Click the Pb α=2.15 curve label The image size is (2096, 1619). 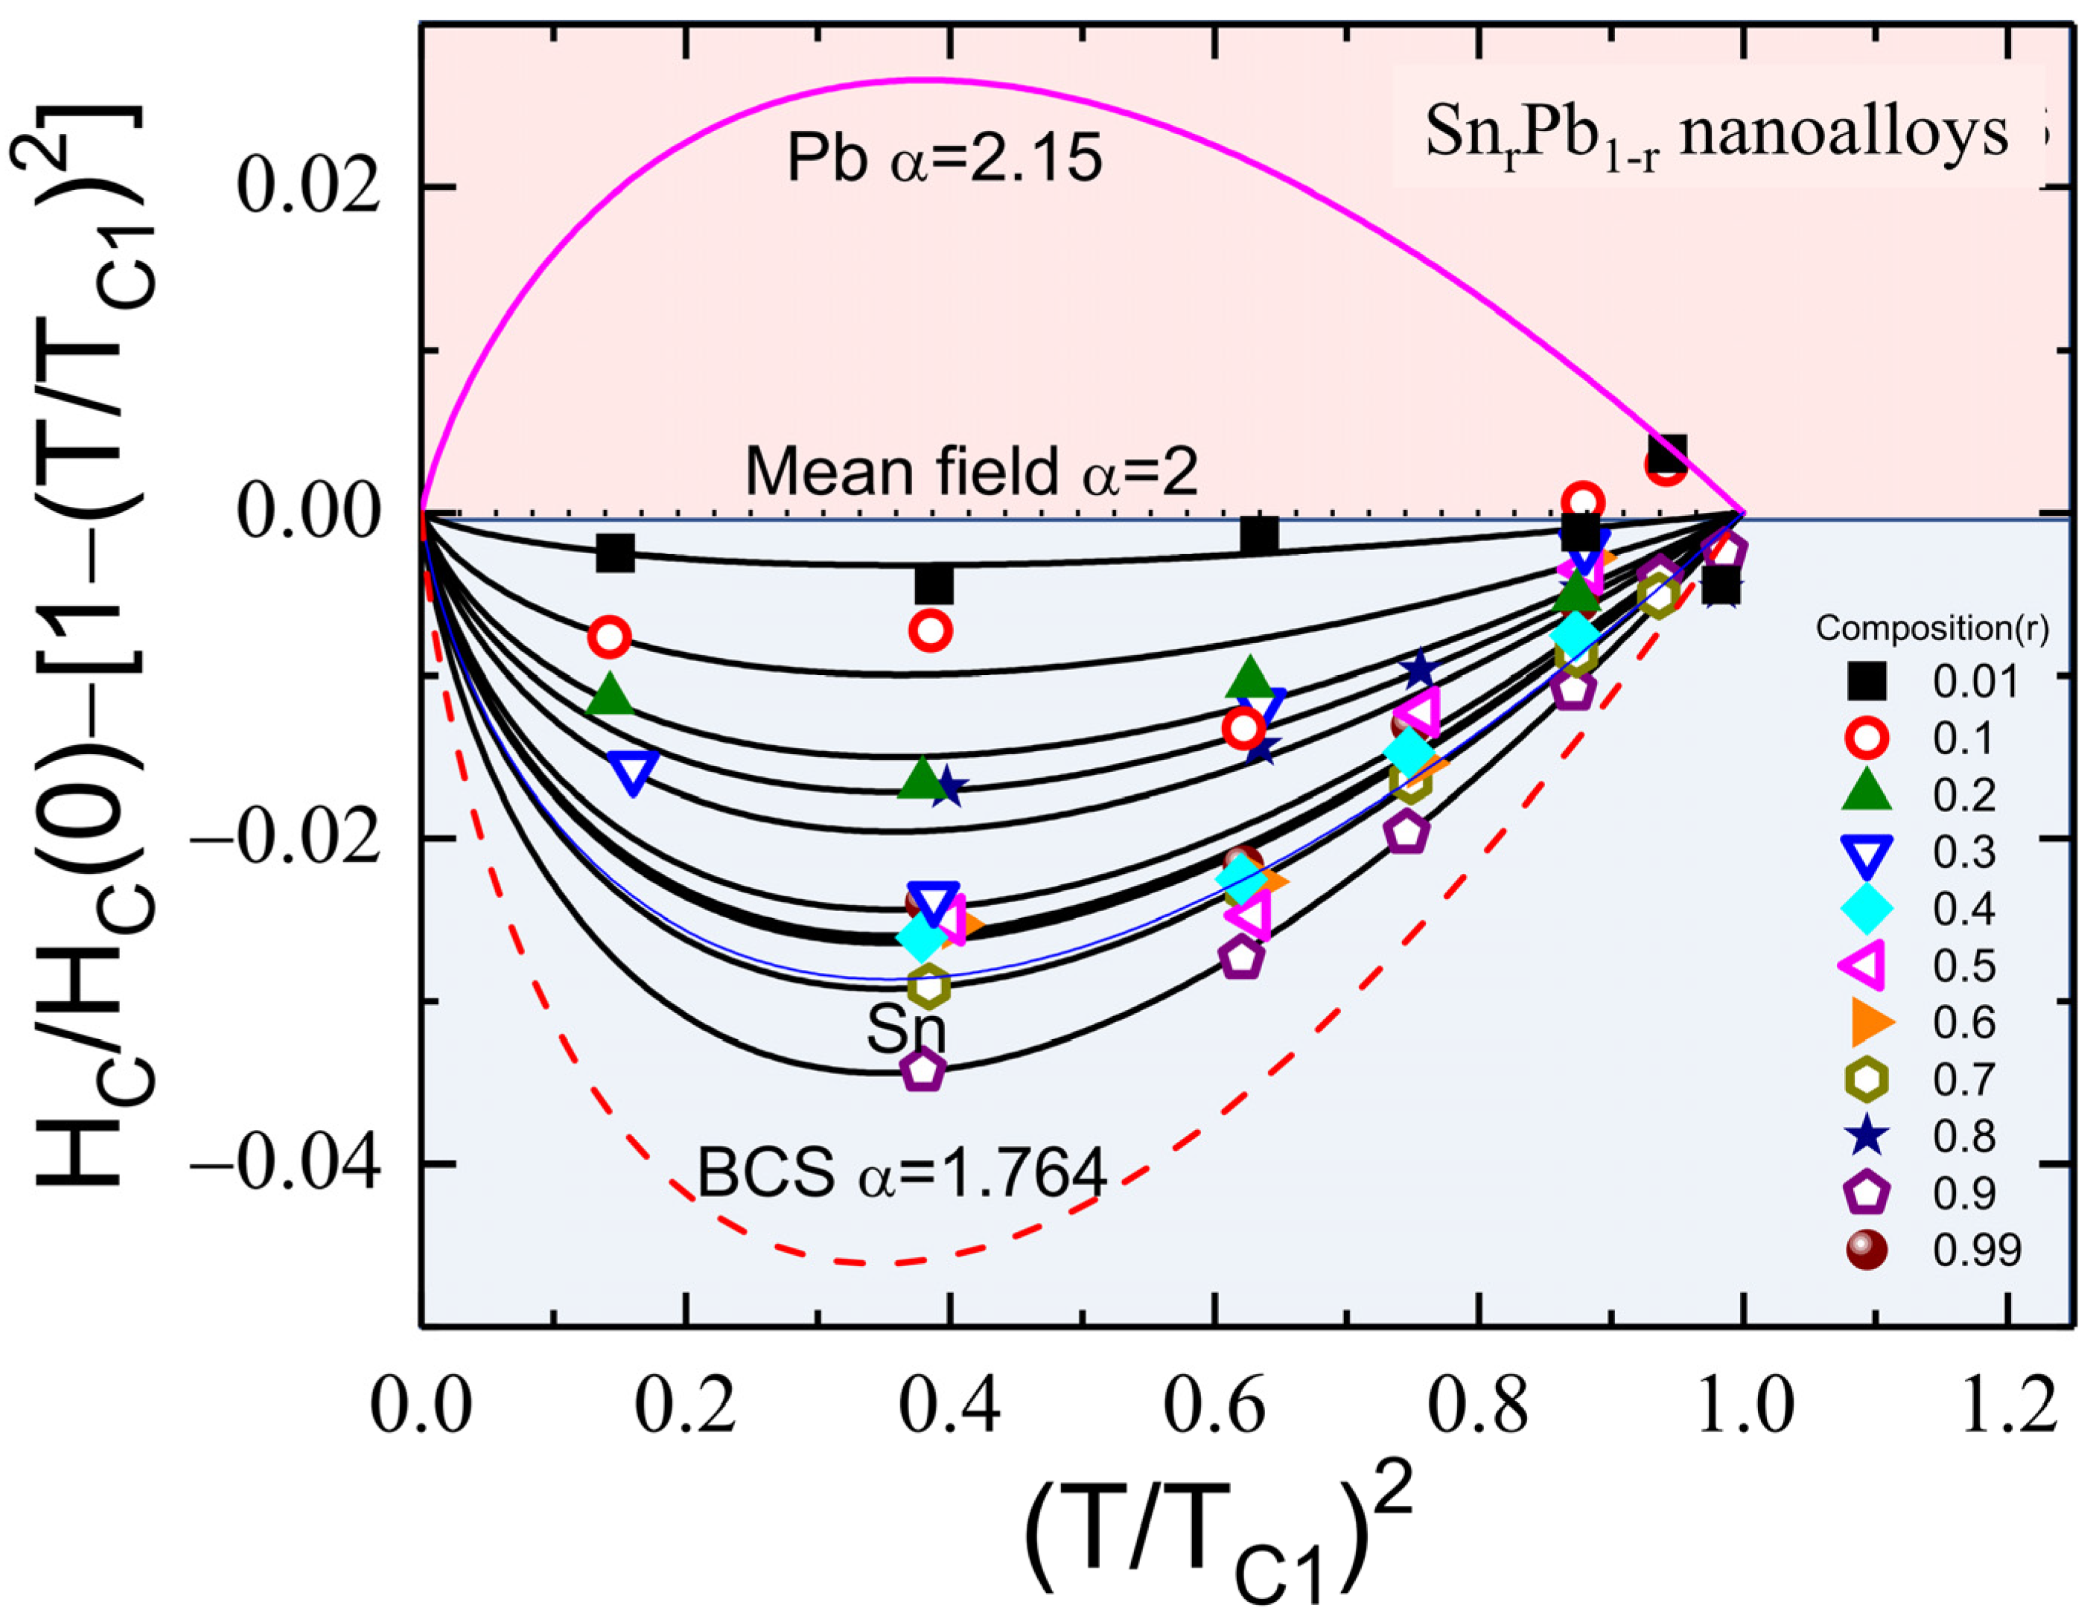944,159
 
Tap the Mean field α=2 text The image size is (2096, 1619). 971,472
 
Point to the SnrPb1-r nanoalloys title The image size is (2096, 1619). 1716,133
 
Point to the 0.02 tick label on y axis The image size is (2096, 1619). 305,186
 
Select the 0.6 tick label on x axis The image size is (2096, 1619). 1215,1409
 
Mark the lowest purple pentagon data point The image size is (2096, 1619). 923,1070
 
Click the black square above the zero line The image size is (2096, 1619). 1668,451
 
